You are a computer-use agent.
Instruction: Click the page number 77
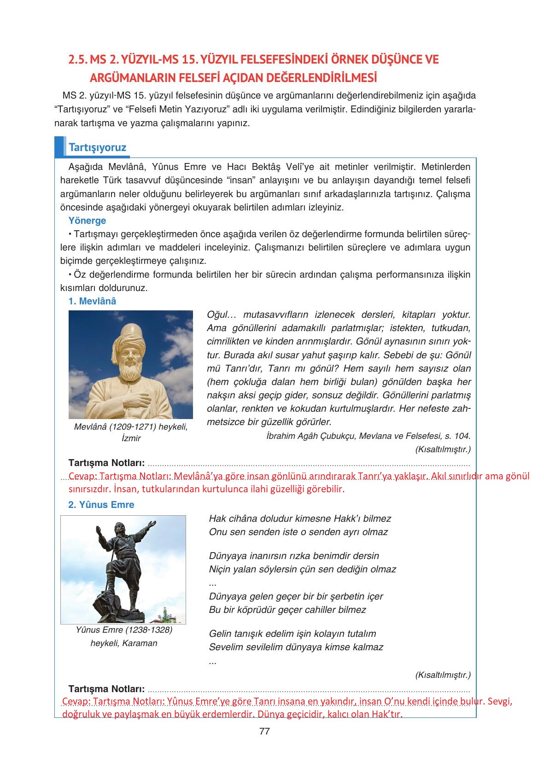tap(264, 731)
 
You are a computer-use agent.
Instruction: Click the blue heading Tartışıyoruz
tap(97, 148)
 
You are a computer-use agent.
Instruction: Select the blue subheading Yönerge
tap(87, 221)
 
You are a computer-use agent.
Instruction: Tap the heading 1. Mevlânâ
tap(92, 301)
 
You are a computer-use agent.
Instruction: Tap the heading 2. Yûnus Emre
tap(101, 505)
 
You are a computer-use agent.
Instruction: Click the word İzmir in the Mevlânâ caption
tap(131, 438)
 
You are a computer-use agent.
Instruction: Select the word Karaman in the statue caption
tap(140, 643)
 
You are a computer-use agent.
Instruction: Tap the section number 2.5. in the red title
tap(77, 60)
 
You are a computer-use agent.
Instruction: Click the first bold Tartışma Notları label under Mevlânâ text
tap(106, 463)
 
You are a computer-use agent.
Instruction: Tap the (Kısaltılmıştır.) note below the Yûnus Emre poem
tap(443, 675)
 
